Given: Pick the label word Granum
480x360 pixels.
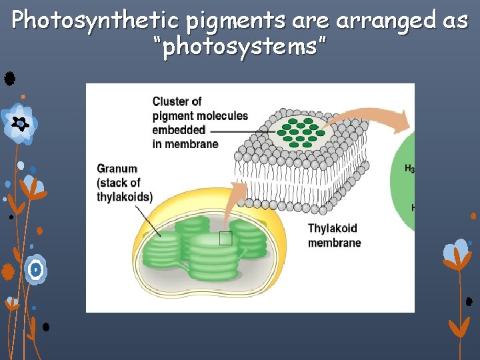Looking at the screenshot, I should (x=117, y=169).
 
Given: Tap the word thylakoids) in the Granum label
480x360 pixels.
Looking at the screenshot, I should (x=125, y=197).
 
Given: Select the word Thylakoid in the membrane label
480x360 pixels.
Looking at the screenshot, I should (x=333, y=229).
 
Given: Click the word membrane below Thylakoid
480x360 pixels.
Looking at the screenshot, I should (x=335, y=243).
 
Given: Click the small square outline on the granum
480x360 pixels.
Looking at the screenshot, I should (x=226, y=239).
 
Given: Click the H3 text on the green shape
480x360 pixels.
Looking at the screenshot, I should (x=409, y=169).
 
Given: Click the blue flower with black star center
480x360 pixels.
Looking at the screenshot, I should (x=19, y=123).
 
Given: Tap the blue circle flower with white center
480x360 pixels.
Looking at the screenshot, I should (x=35, y=269).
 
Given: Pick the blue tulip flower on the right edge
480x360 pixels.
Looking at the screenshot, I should (x=457, y=253).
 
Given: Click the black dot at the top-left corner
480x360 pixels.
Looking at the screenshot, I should (x=9, y=79).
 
